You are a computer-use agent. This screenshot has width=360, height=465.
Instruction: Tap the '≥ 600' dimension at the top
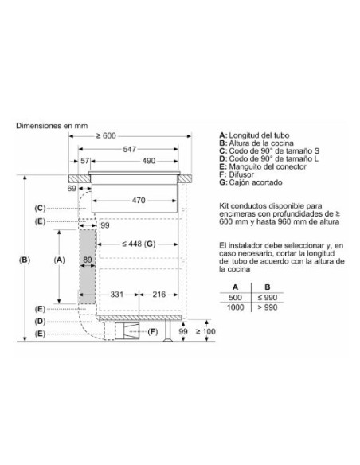129,135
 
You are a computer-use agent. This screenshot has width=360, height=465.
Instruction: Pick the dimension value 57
84,161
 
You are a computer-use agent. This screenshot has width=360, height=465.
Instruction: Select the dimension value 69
72,189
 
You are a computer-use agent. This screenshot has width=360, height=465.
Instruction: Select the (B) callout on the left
25,260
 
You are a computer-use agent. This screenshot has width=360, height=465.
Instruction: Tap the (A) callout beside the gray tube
58,260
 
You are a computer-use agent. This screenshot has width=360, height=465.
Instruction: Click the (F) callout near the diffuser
153,330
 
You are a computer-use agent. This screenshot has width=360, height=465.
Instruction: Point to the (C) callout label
41,208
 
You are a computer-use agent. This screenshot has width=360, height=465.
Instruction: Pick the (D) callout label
41,321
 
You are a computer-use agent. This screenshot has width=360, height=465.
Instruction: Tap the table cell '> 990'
269,307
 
